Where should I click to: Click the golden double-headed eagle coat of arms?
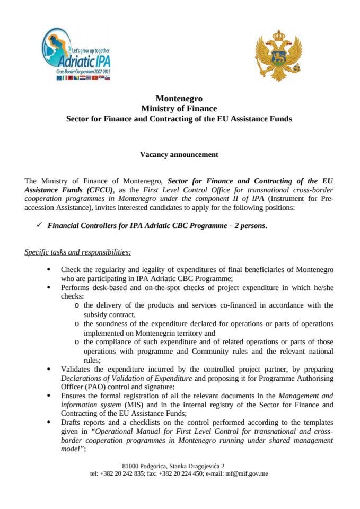click(278, 56)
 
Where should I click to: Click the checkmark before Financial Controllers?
click(39, 225)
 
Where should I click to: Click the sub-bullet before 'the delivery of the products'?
click(78, 306)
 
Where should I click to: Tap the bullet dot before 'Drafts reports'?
click(49, 423)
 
